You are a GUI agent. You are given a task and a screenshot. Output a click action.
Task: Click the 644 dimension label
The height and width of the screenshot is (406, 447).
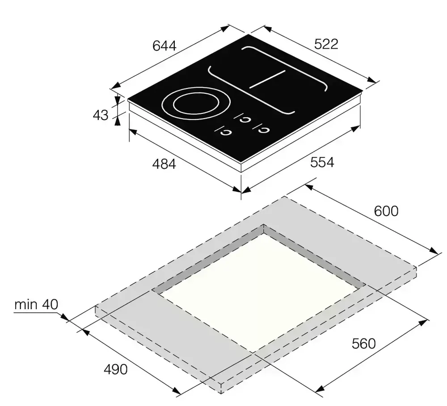coord(164,46)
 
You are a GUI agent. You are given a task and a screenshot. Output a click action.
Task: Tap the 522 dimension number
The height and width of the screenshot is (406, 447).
coord(326,44)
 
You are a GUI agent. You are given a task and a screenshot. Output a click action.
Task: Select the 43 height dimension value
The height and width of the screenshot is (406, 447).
coord(100,115)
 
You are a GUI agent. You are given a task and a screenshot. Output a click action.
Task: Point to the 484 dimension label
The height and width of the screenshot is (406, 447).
coord(164,164)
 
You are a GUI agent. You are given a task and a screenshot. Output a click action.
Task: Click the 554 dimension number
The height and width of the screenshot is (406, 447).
coord(322,162)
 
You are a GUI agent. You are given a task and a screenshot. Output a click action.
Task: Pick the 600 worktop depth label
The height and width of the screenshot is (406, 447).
coord(386,211)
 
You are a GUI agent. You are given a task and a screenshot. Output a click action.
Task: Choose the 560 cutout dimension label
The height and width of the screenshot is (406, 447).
coord(364,344)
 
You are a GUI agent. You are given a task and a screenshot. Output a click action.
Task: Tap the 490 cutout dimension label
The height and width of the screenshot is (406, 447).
coord(115,369)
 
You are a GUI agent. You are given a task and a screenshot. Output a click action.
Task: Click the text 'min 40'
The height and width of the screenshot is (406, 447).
coord(36,304)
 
